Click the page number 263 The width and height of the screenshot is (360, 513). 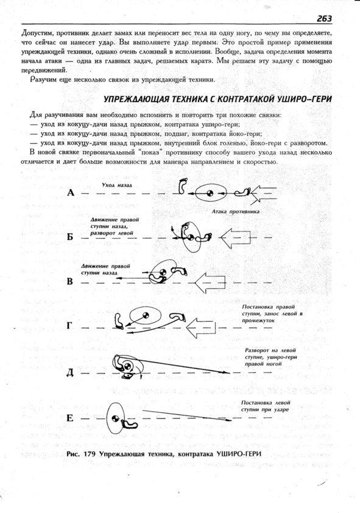point(324,18)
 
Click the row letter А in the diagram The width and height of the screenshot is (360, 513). point(71,193)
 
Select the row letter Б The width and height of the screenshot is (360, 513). point(70,237)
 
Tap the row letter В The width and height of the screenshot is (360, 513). point(70,281)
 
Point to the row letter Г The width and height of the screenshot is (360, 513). point(69,326)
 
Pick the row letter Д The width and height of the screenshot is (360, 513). point(70,373)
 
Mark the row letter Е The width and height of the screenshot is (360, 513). point(69,418)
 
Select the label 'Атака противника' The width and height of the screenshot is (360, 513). point(235,211)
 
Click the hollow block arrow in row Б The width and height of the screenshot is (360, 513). point(236,237)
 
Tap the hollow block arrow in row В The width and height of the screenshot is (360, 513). point(210,282)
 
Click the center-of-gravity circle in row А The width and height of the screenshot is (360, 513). point(210,193)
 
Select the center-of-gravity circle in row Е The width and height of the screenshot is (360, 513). point(115,418)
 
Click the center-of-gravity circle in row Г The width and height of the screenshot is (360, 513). point(146,316)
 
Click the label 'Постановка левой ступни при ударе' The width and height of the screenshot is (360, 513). point(266,406)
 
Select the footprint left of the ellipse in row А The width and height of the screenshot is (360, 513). point(183,185)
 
